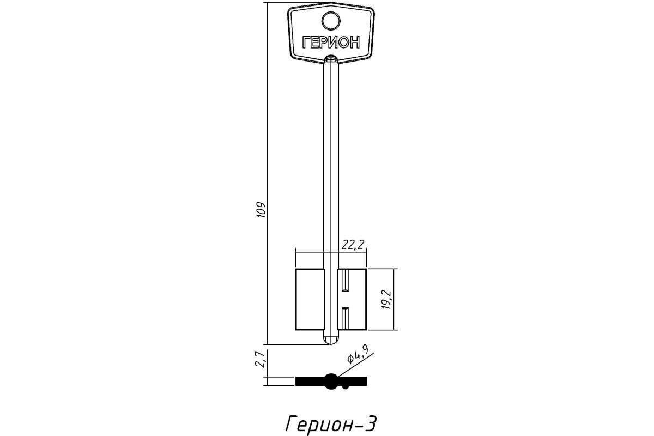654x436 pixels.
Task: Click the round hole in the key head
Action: (331, 21)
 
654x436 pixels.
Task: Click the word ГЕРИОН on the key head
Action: (331, 43)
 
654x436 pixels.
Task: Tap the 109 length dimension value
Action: (56, 210)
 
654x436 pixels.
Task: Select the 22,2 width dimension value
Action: (353, 245)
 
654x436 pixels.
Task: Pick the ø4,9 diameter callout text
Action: (358, 354)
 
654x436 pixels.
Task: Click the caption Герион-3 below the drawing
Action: (330, 423)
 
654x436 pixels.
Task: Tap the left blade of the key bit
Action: (310, 299)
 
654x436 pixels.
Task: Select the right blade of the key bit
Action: (352, 299)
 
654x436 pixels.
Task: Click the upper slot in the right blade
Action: (345, 281)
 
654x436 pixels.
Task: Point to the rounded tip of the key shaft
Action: (331, 341)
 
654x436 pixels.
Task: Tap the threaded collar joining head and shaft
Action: (331, 59)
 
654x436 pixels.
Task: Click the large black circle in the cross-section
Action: (331, 381)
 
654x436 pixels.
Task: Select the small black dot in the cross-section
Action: (346, 387)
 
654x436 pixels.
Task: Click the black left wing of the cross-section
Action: (310, 381)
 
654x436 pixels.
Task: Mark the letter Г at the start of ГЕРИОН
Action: (306, 43)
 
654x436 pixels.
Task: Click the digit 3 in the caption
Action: (370, 423)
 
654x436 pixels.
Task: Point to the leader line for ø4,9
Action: (355, 368)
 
